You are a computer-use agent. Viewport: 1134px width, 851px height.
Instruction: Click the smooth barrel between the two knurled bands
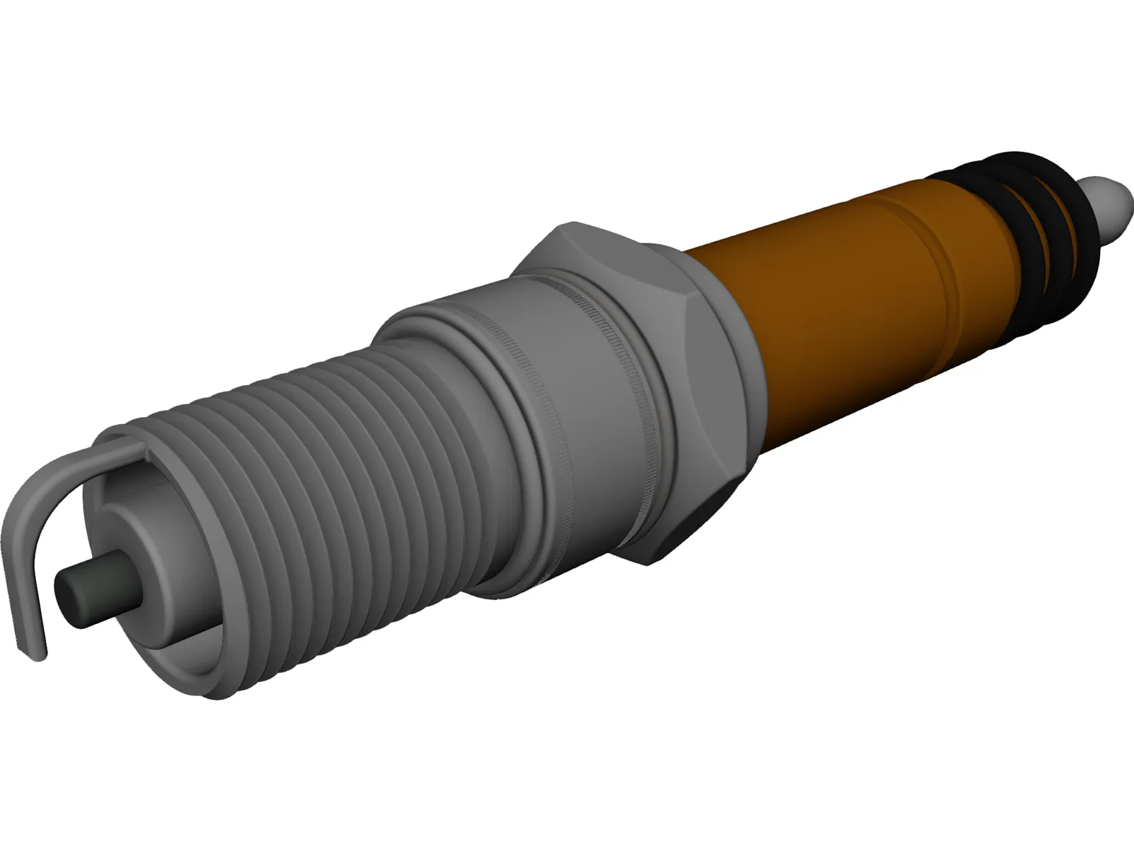pyautogui.click(x=581, y=397)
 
